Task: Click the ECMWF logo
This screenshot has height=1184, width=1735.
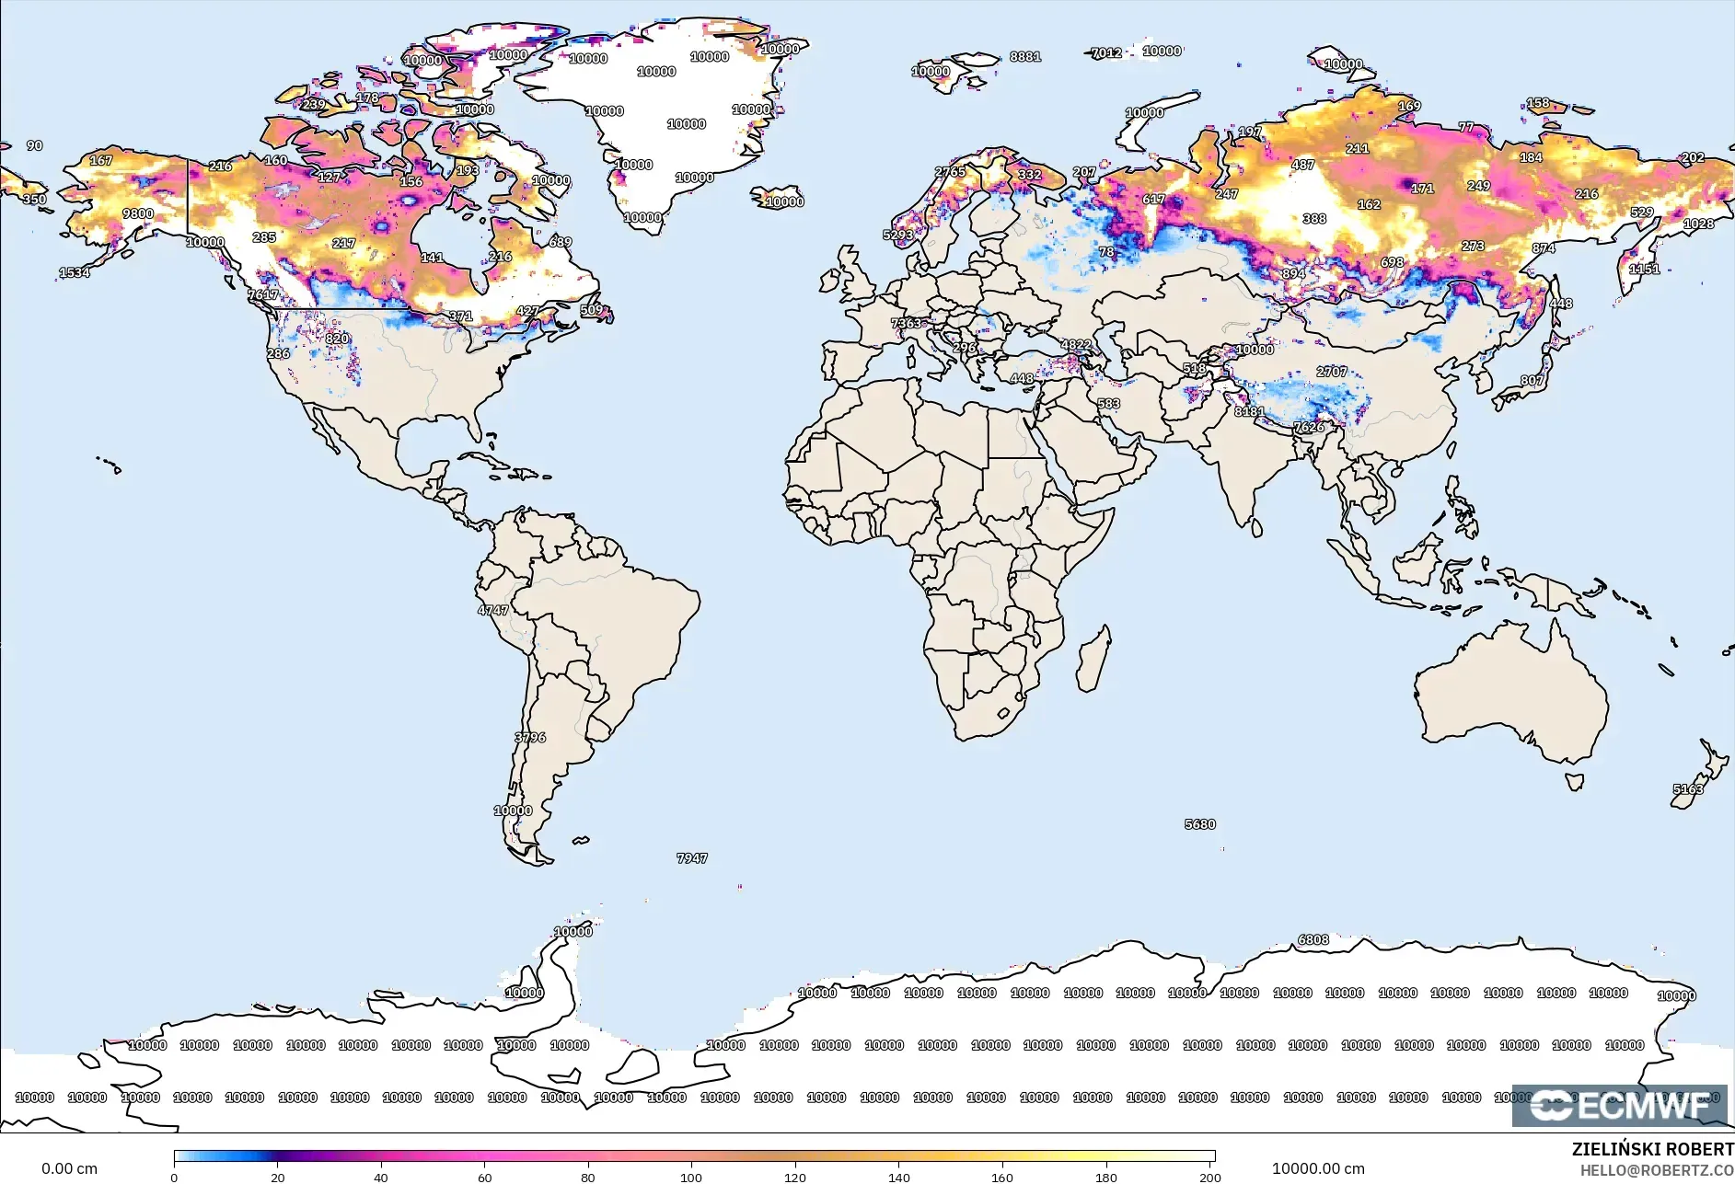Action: pos(1619,1105)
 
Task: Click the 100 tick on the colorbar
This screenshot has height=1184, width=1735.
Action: pos(691,1177)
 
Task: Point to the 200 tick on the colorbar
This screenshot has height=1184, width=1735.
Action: pos(1209,1177)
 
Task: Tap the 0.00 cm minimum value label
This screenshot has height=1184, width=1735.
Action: pos(69,1168)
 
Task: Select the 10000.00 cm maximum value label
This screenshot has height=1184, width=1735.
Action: pos(1318,1168)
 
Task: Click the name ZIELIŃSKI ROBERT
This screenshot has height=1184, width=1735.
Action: pos(1652,1149)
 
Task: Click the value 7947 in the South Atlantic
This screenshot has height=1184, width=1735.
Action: pos(692,858)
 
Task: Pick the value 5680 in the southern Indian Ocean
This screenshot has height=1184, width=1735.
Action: pos(1200,824)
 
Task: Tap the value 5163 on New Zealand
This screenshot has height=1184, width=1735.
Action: pos(1688,789)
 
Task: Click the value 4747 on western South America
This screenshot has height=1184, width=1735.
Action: pos(492,610)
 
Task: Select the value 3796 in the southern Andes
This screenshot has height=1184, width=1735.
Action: pos(530,738)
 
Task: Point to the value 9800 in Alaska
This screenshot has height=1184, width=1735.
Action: pos(138,213)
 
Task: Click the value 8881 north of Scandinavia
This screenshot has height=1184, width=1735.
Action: pos(1025,56)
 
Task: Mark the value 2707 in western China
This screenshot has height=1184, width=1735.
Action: pos(1332,372)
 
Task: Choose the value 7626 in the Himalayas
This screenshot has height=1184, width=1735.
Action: pos(1310,427)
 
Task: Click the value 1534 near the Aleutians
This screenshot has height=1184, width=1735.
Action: pos(75,272)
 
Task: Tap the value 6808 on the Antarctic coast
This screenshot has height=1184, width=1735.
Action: pos(1313,939)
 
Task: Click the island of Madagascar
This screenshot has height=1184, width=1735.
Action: pos(1093,660)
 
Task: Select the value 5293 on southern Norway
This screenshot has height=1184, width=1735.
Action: pos(898,235)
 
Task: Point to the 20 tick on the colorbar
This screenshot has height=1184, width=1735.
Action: pos(278,1177)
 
